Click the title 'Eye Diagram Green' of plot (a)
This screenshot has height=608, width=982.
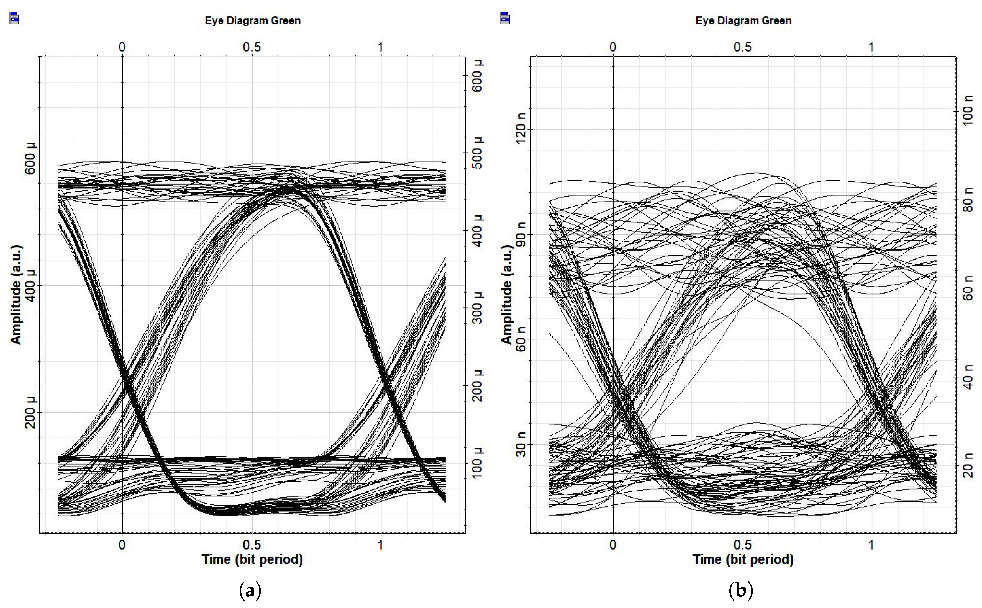[253, 20]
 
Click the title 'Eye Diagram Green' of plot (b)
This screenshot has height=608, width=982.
[743, 20]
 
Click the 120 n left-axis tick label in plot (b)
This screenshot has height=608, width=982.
[521, 128]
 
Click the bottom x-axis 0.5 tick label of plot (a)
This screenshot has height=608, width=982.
[252, 545]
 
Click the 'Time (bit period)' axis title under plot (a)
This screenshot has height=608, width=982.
[252, 559]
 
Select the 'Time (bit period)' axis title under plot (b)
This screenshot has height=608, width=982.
[743, 559]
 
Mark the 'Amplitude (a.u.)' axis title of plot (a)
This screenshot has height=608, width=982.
[16, 295]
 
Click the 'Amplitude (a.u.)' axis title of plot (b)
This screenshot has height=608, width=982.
[506, 295]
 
